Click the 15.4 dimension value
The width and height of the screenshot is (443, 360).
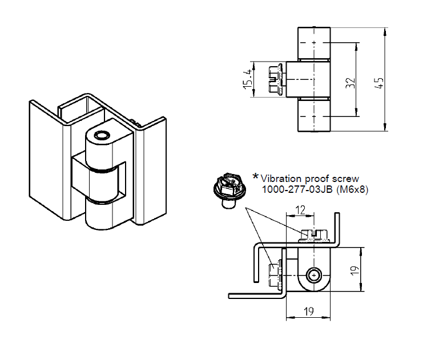click(x=247, y=79)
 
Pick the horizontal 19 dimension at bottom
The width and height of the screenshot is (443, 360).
click(x=307, y=312)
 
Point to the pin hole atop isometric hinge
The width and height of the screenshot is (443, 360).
click(x=102, y=136)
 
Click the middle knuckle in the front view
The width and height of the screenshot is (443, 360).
click(x=307, y=79)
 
